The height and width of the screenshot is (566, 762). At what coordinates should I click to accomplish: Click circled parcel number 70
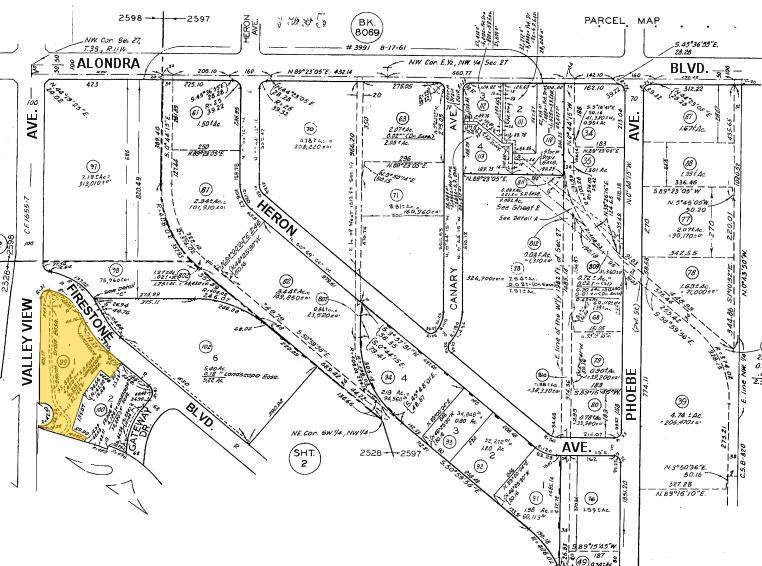pyautogui.click(x=310, y=128)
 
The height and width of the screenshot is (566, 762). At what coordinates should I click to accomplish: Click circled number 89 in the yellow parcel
pyautogui.click(x=65, y=359)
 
